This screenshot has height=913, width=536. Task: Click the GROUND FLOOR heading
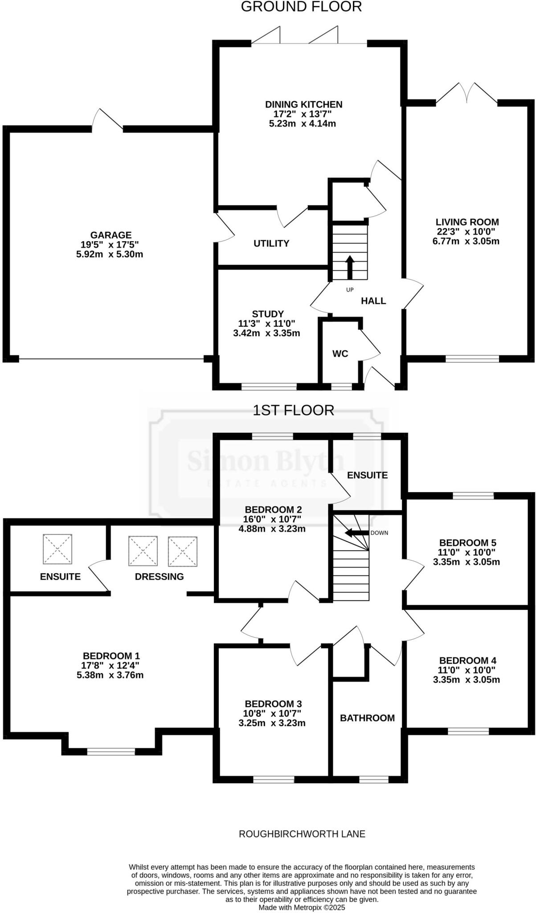[x=301, y=7]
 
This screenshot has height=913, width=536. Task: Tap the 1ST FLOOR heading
[x=293, y=410]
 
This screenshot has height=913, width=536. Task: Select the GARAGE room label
[x=111, y=235]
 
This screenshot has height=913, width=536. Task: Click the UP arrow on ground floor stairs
[x=350, y=267]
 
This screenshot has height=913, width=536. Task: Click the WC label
[x=340, y=354]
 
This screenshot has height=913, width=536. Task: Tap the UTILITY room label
[x=271, y=243]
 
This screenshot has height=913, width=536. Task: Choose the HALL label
[x=373, y=301]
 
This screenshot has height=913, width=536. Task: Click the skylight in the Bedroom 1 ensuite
[x=57, y=548]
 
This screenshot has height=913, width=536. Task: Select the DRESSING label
[x=159, y=576]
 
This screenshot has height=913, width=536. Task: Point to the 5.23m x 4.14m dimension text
[x=302, y=123]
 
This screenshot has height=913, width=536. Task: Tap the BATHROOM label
[x=367, y=718]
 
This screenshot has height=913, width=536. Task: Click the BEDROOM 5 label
[x=467, y=543]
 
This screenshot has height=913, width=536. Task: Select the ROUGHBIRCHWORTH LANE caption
[x=302, y=834]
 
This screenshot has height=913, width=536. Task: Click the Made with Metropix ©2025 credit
[x=302, y=907]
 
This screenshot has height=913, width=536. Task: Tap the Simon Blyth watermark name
[x=266, y=461]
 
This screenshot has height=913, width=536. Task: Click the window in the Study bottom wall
[x=269, y=387]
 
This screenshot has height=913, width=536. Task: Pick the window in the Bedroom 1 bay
[x=111, y=752]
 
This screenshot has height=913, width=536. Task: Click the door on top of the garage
[x=107, y=120]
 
